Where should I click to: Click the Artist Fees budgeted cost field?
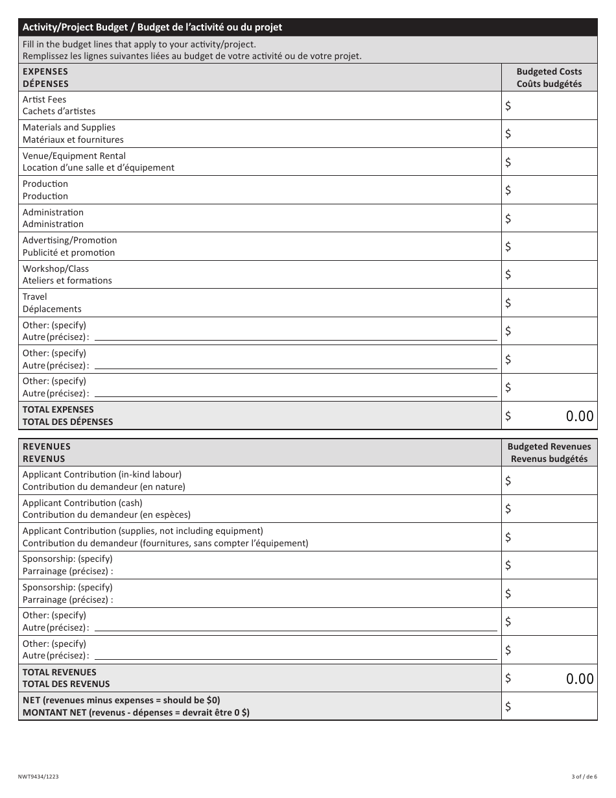[550, 106]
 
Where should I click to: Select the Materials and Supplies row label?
[73, 134]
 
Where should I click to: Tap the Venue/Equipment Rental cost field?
[550, 162]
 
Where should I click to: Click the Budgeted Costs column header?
[549, 78]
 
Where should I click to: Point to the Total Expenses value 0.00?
[579, 417]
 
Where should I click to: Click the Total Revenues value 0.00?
[579, 679]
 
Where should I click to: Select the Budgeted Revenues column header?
[549, 453]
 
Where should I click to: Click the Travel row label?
[52, 303]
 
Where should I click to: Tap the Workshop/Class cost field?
[550, 274]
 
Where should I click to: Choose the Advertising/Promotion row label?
[69, 247]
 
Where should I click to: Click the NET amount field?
[550, 707]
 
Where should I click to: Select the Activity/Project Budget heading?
[152, 27]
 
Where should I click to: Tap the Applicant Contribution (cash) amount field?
[550, 509]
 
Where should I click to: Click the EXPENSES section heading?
[45, 78]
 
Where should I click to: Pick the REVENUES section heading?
[47, 453]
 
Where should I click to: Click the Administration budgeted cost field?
[550, 219]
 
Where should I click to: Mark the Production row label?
[45, 190]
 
